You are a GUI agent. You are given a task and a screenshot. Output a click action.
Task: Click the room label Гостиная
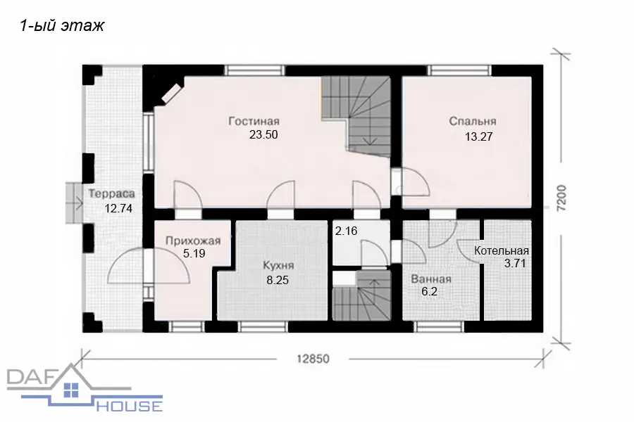254,121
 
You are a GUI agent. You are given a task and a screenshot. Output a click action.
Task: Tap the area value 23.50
263,134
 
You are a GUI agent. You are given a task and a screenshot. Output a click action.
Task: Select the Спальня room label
473,121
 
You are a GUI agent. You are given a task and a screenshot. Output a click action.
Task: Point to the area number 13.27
479,136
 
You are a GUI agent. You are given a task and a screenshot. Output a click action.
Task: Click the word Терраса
111,193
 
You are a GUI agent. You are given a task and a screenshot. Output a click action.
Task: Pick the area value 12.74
118,208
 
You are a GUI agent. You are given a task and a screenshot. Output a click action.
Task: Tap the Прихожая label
193,241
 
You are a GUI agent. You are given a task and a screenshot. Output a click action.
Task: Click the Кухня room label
278,265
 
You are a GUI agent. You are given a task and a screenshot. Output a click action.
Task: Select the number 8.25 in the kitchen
278,280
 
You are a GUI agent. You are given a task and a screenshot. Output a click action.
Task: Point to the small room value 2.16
346,231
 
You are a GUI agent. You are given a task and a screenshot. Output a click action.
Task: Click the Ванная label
431,279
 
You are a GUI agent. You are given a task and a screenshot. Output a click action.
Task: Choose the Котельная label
502,250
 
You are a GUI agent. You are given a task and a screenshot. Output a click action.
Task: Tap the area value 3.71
515,264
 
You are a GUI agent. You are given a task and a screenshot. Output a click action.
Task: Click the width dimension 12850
313,359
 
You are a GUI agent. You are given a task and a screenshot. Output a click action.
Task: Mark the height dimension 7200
561,198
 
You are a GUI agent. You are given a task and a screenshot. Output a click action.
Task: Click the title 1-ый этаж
62,26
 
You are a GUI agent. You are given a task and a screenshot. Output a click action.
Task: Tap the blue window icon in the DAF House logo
71,389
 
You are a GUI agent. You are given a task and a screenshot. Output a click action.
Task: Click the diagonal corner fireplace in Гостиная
172,94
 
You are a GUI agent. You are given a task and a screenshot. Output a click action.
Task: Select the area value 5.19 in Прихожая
194,254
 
